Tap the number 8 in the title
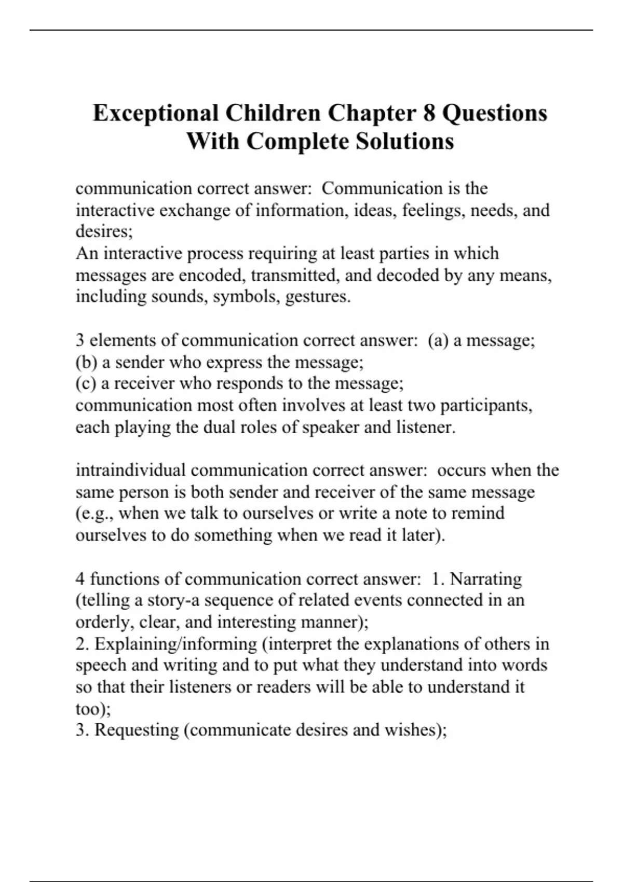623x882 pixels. (429, 113)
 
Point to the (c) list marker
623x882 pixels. (86, 383)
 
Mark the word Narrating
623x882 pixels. (485, 578)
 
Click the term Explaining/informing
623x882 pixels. (175, 644)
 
